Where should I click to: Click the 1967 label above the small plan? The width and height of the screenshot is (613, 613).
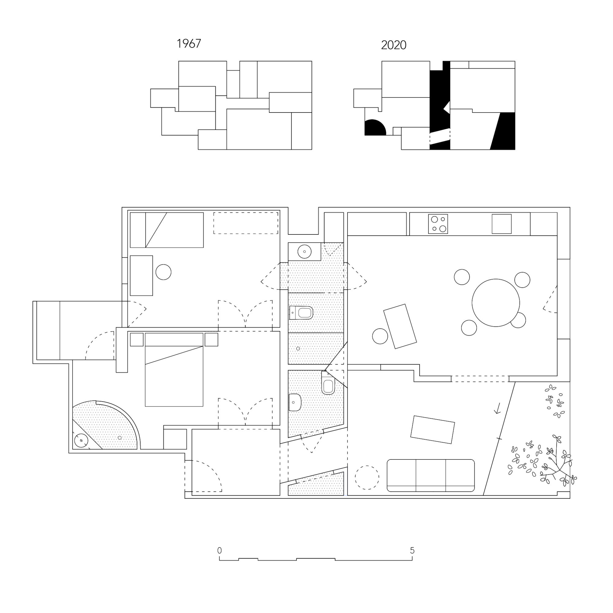189,44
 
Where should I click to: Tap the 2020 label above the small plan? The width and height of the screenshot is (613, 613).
394,45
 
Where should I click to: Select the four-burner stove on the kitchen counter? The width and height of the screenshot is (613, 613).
438,224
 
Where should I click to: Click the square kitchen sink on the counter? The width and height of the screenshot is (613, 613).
502,224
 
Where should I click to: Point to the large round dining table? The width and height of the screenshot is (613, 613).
496,303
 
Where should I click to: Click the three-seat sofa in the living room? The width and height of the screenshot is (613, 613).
431,475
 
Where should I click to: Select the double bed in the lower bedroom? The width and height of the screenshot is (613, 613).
174,370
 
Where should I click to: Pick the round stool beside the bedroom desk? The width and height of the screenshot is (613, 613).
163,272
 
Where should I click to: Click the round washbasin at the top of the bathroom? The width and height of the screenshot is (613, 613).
305,252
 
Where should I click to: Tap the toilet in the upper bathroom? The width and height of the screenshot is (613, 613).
301,313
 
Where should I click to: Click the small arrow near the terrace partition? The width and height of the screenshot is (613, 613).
498,408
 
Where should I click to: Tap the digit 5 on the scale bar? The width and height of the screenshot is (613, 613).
412,550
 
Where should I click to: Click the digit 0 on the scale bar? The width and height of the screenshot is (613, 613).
219,550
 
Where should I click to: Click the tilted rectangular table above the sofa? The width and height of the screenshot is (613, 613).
432,430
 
